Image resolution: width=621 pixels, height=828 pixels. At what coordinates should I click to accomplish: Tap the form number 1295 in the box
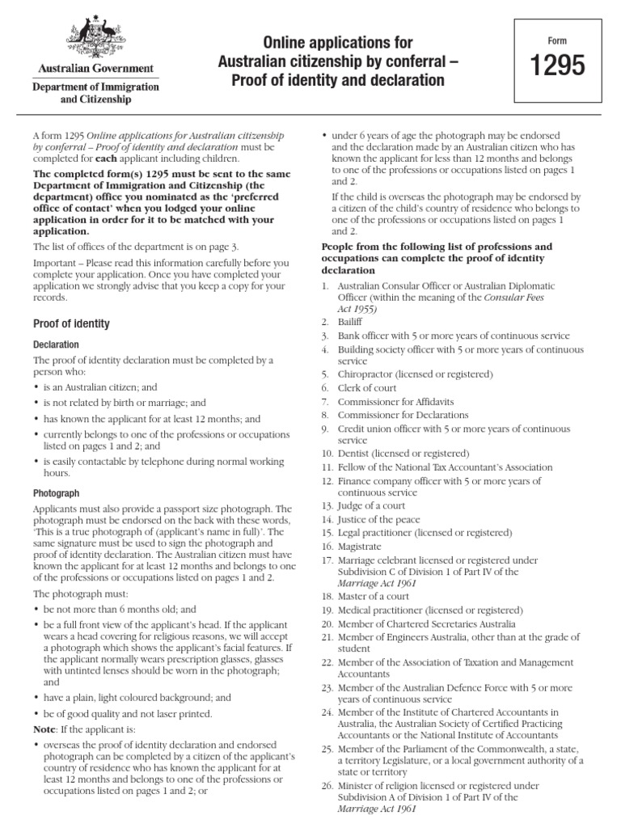(555, 68)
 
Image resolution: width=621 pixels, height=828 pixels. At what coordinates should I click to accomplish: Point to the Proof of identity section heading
(71, 324)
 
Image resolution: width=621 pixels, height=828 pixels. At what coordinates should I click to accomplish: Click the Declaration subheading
(56, 344)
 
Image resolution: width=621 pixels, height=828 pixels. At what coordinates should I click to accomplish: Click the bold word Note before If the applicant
(46, 728)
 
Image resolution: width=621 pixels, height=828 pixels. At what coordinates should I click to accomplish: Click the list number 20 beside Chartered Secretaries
(327, 623)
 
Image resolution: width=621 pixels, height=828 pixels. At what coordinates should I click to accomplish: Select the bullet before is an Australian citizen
(36, 387)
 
